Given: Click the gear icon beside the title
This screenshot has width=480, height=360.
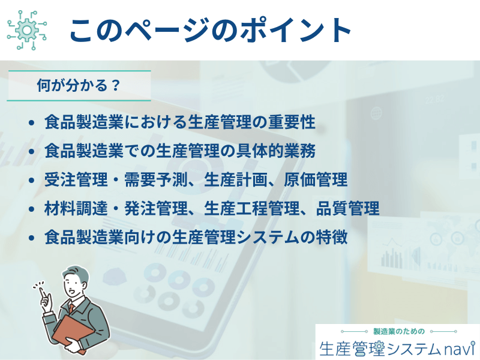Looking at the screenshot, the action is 27,30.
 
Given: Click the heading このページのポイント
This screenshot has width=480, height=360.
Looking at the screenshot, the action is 211,30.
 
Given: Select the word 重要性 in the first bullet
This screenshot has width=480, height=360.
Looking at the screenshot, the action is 292,122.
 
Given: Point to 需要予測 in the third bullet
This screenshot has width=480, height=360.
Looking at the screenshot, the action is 156,179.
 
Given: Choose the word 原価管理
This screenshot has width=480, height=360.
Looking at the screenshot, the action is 316,179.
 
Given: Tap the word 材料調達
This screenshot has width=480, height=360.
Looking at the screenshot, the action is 76,208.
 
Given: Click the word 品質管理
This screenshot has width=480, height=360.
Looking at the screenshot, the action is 348,208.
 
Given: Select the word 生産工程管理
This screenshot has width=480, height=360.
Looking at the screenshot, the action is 252,208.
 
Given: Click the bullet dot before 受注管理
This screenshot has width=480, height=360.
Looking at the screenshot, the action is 31,180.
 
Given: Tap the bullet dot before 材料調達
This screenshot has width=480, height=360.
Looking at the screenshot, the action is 31,209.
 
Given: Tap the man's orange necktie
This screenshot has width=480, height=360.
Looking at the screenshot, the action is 71,308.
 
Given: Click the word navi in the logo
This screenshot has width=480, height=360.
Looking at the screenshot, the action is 457,349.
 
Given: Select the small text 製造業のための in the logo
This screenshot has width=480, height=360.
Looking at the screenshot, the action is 399,331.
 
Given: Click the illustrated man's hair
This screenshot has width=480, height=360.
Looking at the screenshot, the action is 77,272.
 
